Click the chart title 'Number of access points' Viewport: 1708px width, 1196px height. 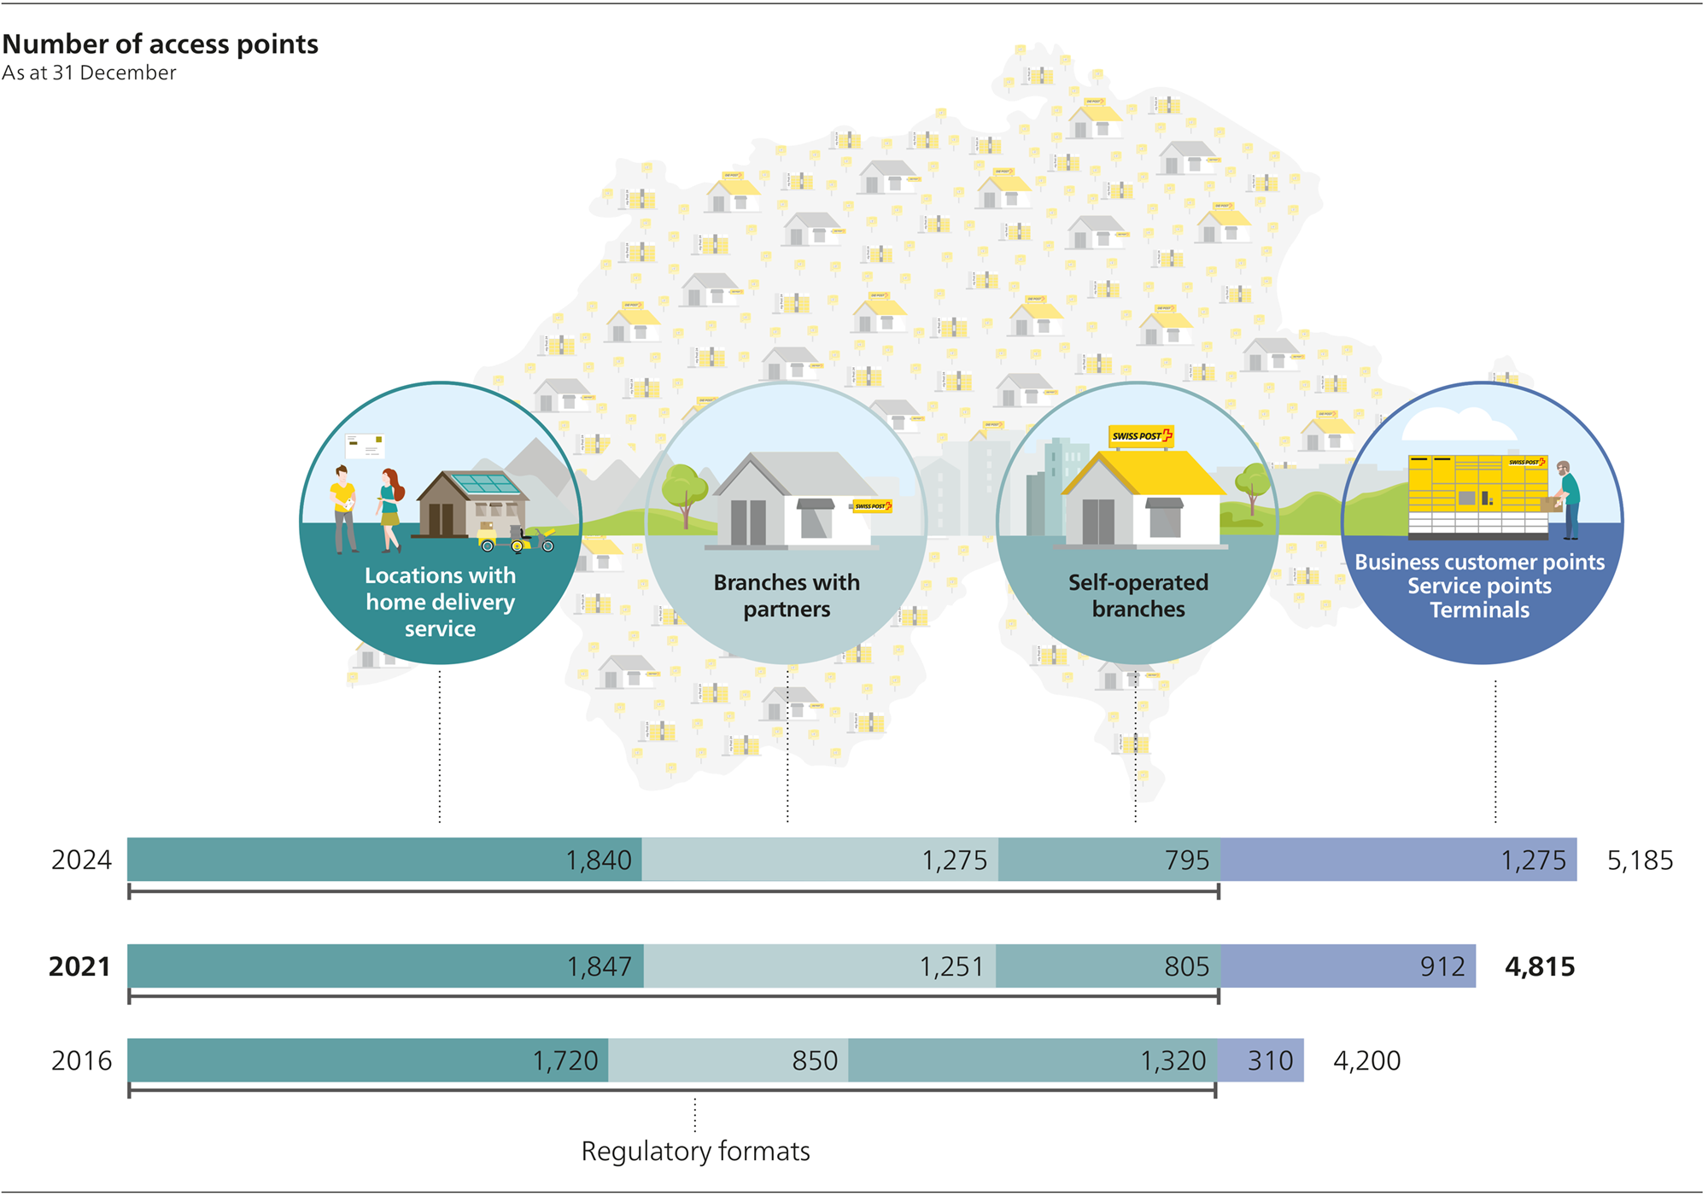click(161, 44)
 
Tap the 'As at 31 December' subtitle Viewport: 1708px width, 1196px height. click(89, 73)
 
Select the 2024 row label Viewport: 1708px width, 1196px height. click(81, 860)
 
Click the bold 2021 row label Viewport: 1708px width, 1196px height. click(79, 966)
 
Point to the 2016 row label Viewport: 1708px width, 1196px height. click(81, 1060)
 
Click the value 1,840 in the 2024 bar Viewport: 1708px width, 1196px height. click(599, 860)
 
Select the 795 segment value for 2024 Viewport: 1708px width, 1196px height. click(1187, 860)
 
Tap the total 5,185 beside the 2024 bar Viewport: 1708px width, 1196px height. click(1640, 860)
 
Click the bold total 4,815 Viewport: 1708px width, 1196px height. click(1540, 966)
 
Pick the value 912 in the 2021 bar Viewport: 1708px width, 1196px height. click(1442, 966)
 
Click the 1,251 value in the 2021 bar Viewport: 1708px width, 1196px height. click(951, 966)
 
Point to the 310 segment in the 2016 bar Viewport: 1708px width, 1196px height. click(1270, 1060)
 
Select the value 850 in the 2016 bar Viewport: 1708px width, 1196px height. click(815, 1060)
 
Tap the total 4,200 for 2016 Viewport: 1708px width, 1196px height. click(1366, 1060)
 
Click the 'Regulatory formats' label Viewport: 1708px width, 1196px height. click(695, 1151)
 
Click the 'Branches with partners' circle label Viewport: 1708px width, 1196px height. click(787, 595)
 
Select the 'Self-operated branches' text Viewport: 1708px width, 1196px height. click(1138, 595)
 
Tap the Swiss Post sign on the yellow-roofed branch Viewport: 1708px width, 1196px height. click(1141, 436)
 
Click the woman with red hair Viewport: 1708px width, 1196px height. click(390, 508)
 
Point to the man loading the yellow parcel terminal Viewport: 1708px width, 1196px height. click(1568, 500)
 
